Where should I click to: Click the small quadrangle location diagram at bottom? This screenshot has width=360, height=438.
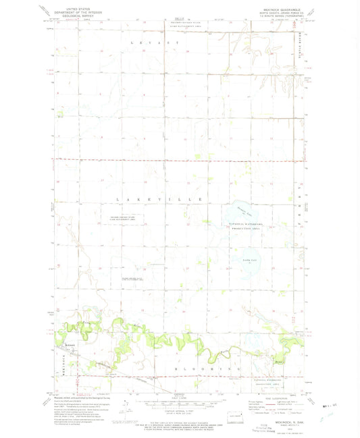(233, 416)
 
